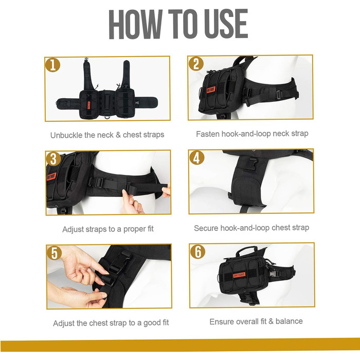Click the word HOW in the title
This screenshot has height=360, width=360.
pos(136,24)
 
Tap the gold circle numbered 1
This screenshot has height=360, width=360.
pos(52,65)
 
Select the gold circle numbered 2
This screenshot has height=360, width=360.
pos(196,63)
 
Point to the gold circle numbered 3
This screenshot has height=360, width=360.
pos(53,159)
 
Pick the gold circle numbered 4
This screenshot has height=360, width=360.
pos(197,157)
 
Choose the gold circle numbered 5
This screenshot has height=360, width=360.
pos(54,253)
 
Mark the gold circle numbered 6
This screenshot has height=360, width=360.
pos(197,251)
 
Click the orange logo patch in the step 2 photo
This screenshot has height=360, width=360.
pos(211,89)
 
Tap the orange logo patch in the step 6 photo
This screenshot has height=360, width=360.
pos(239,275)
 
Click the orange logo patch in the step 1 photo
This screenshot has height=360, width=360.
pos(89,105)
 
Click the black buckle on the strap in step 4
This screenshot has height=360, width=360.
pos(251,164)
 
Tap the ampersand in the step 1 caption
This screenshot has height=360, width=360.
pos(118,135)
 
